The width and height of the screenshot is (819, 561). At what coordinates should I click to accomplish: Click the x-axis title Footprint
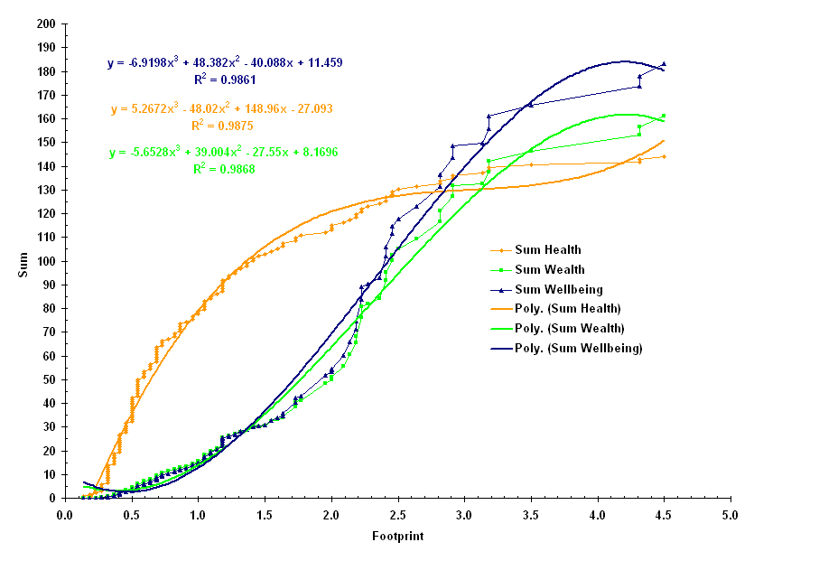pyautogui.click(x=397, y=536)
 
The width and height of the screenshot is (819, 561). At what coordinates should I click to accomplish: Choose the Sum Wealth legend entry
pyautogui.click(x=549, y=269)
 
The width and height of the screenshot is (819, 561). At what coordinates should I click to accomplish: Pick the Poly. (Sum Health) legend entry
pyautogui.click(x=568, y=308)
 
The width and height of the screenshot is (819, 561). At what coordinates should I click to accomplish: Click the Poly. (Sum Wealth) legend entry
pyautogui.click(x=569, y=328)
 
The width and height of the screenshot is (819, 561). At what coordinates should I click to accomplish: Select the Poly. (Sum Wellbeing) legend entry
pyautogui.click(x=578, y=348)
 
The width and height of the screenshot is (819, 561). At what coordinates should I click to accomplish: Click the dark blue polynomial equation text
pyautogui.click(x=225, y=63)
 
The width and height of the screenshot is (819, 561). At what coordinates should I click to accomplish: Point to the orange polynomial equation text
pyautogui.click(x=222, y=109)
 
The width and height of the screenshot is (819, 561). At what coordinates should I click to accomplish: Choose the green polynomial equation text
pyautogui.click(x=224, y=153)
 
